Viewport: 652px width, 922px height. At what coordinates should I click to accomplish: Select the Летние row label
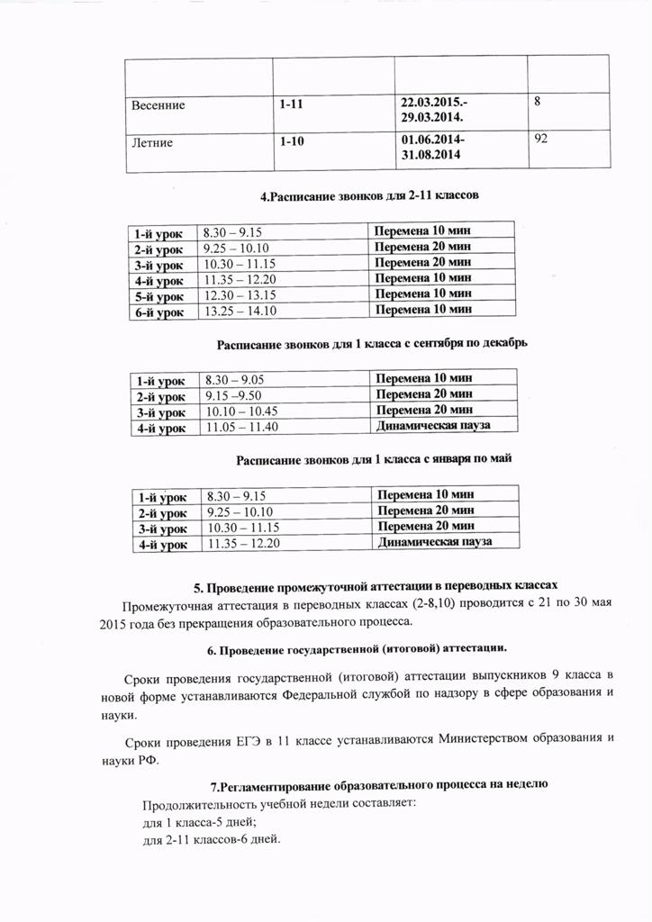click(x=150, y=142)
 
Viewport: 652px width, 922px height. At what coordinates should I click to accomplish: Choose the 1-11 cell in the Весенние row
click(x=291, y=104)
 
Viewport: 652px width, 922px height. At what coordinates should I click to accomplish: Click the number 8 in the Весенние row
click(x=538, y=102)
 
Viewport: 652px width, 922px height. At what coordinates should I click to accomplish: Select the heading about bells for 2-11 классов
click(x=368, y=194)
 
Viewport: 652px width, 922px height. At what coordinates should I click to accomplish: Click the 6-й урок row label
click(x=158, y=312)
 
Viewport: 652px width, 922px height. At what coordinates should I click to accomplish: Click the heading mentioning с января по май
click(x=374, y=459)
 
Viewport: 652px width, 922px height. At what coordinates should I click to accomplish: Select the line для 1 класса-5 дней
click(x=200, y=823)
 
